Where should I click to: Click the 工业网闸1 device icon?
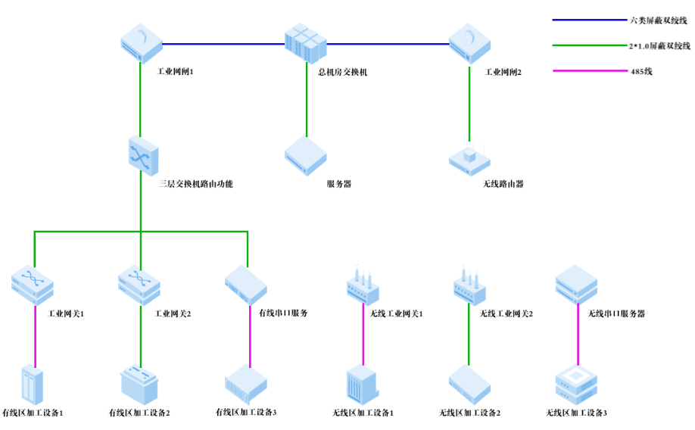pos(142,43)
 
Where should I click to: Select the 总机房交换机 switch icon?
pos(307,45)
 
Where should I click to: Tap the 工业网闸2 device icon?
pos(470,43)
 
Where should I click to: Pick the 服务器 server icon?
pos(306,156)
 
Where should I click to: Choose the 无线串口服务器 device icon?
pos(577,285)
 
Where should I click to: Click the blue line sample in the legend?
pos(587,20)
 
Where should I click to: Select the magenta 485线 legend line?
pos(587,72)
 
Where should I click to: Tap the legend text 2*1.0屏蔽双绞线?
pos(660,46)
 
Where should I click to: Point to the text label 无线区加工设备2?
pos(470,413)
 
